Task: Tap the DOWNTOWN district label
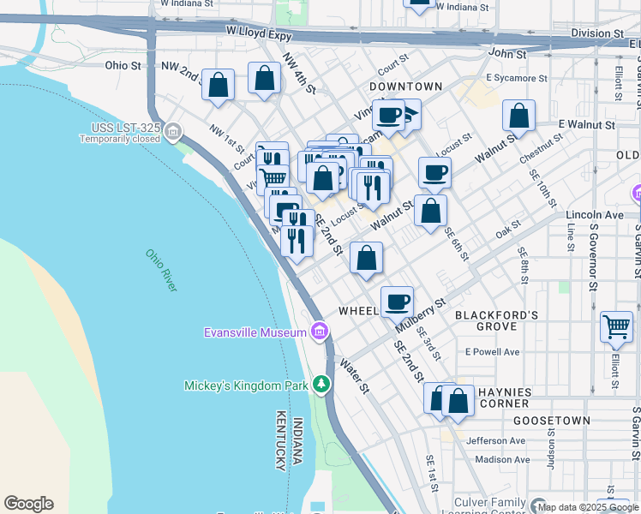pyautogui.click(x=406, y=87)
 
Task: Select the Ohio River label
pyautogui.click(x=160, y=270)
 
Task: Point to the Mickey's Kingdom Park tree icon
pyautogui.click(x=321, y=385)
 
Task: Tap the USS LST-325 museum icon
pyautogui.click(x=174, y=132)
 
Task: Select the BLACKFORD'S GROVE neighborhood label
pyautogui.click(x=497, y=320)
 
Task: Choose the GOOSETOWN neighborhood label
pyautogui.click(x=551, y=421)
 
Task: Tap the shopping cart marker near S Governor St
pyautogui.click(x=616, y=327)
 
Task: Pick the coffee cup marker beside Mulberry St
pyautogui.click(x=397, y=302)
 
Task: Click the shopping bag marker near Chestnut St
pyautogui.click(x=518, y=116)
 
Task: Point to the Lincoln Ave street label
pyautogui.click(x=595, y=213)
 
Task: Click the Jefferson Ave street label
pyautogui.click(x=496, y=440)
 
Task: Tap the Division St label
pyautogui.click(x=597, y=33)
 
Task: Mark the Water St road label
pyautogui.click(x=354, y=376)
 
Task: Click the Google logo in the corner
pyautogui.click(x=28, y=504)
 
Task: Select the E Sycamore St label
pyautogui.click(x=516, y=78)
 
